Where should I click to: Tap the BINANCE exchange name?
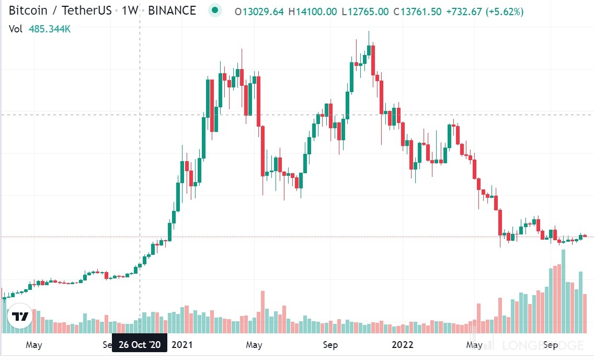tap(172, 11)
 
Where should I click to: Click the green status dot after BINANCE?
tap(214, 10)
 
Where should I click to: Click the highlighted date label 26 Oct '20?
tap(140, 345)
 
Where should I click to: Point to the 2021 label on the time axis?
tap(182, 345)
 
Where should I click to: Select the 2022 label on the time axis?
tap(403, 345)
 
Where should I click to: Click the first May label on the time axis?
tap(33, 345)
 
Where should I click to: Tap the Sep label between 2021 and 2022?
tap(330, 345)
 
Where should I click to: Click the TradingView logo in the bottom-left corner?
tap(20, 317)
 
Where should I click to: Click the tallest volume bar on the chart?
tap(563, 291)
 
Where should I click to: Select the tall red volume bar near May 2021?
tap(262, 312)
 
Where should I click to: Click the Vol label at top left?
tap(16, 29)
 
